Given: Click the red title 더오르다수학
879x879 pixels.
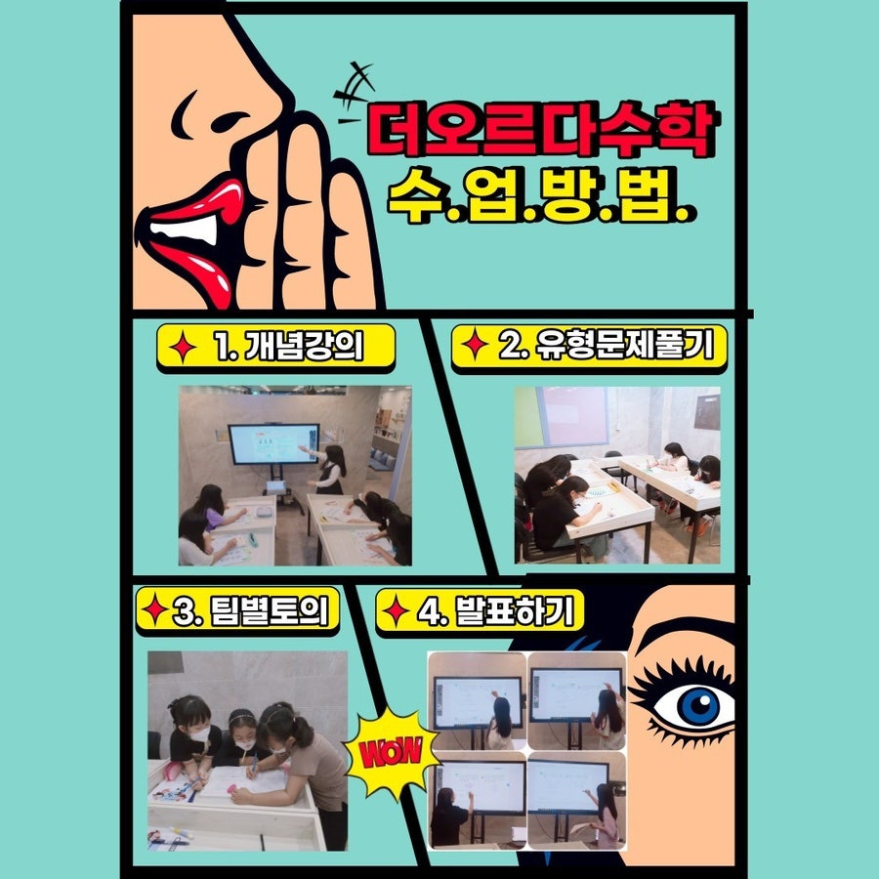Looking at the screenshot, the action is [x=541, y=129].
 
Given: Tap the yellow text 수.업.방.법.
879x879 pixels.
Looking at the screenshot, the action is [x=541, y=194].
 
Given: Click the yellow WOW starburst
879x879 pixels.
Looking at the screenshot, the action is [x=391, y=752].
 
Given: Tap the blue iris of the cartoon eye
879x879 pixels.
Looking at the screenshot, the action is [x=698, y=706].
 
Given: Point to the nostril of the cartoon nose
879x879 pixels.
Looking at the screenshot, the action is [x=229, y=121].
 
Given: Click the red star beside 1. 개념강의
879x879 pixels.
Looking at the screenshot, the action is [x=183, y=347].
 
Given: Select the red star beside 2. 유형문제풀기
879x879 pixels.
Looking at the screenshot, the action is [x=475, y=344].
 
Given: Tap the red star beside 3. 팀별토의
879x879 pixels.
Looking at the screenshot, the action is [x=154, y=609].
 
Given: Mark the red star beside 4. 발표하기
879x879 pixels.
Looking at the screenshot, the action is [x=396, y=610].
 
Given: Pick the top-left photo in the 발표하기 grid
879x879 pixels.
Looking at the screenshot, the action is [x=477, y=700].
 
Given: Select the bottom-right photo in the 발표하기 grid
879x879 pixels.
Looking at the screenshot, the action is [x=577, y=801].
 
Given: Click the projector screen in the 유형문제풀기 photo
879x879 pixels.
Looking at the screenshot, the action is [x=573, y=416].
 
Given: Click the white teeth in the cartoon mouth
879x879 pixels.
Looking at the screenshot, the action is [x=185, y=230].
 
